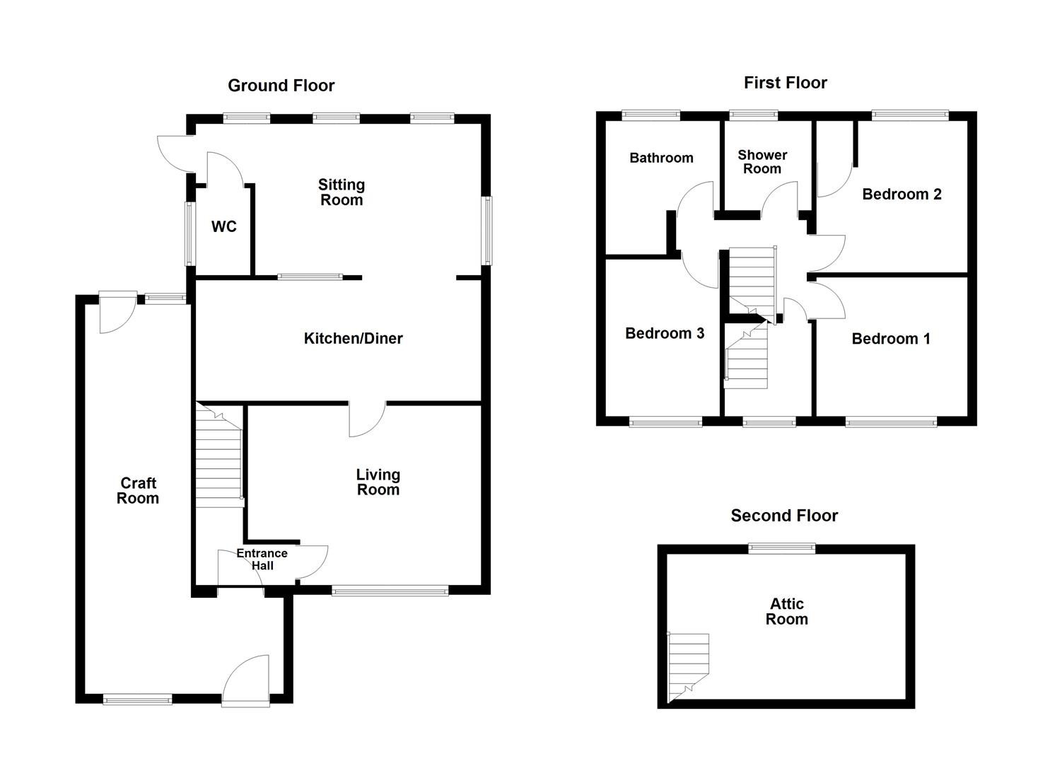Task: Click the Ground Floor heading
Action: click(x=281, y=86)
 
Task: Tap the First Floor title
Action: click(x=785, y=83)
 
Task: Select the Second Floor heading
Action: click(x=784, y=516)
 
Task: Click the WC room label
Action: click(x=223, y=227)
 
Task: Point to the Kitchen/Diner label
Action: click(x=353, y=339)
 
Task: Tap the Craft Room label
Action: click(x=138, y=490)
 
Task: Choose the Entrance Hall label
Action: click(x=262, y=560)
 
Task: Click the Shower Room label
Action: click(x=762, y=162)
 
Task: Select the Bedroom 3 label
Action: click(x=665, y=333)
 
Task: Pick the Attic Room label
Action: click(x=786, y=612)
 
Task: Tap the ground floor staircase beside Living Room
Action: click(x=219, y=456)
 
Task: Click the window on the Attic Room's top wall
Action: click(x=782, y=548)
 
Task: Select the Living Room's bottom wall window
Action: click(x=390, y=591)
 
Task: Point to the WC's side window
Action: click(x=189, y=233)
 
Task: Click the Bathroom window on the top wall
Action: click(x=651, y=115)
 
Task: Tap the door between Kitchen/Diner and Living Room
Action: click(x=367, y=419)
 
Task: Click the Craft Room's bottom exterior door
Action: click(x=245, y=681)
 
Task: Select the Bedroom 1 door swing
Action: click(x=827, y=301)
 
